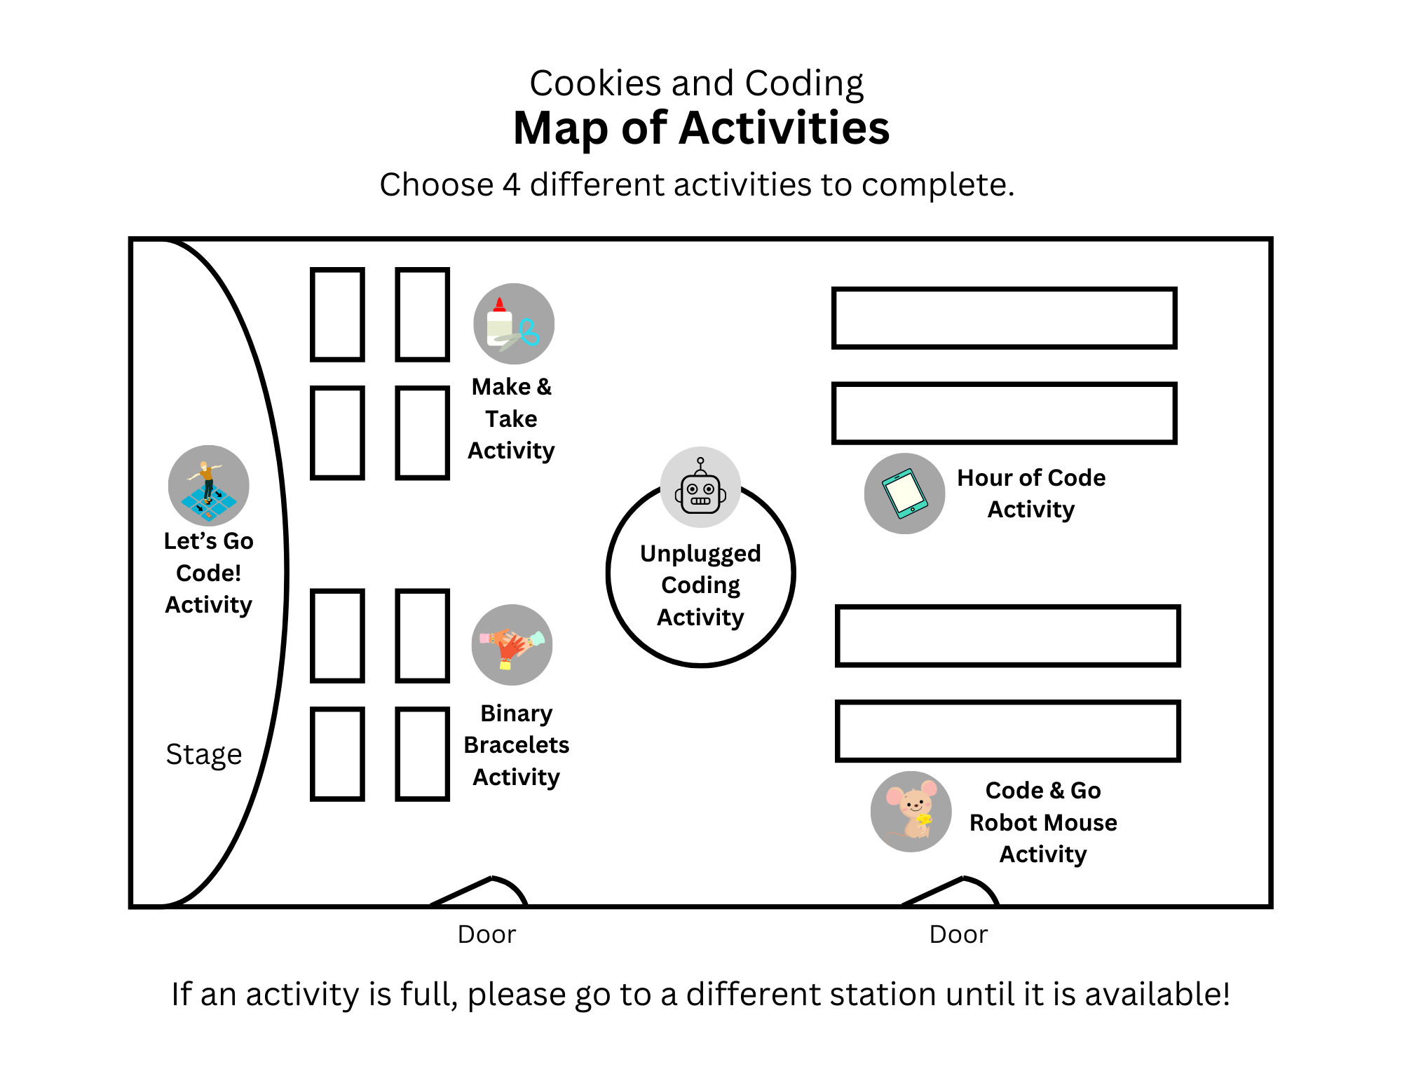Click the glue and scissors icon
tap(514, 324)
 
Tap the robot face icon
tap(700, 488)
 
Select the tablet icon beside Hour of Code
tap(904, 493)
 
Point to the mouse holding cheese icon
tap(911, 812)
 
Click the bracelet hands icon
tap(512, 645)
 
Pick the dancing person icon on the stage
tap(208, 486)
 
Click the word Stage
tap(204, 754)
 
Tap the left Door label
tap(486, 934)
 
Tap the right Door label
tap(958, 934)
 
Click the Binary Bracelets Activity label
tap(517, 745)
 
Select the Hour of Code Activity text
tap(1031, 493)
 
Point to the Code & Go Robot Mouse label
tap(1043, 822)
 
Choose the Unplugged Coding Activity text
tap(700, 585)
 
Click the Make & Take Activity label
tap(512, 418)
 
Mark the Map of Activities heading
tap(701, 128)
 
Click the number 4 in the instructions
tap(511, 185)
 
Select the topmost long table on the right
tap(1004, 318)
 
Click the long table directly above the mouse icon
tap(1008, 730)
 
